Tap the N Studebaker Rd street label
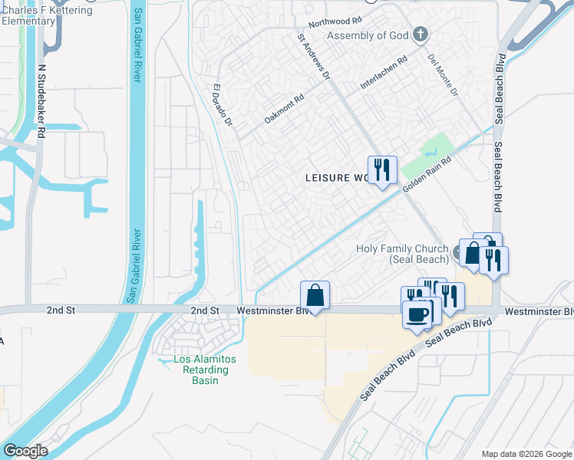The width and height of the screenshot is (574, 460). tap(41, 100)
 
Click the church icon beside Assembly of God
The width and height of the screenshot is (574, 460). tap(419, 34)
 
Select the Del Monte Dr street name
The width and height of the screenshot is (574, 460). tap(443, 76)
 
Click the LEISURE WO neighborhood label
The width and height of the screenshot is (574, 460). tap(338, 178)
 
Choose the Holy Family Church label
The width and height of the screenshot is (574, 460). tap(403, 254)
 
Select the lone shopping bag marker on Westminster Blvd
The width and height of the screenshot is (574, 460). tap(315, 294)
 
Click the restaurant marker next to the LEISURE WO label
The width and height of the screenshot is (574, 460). tap(381, 169)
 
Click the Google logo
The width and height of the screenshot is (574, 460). tap(25, 451)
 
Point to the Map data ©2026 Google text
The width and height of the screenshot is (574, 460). tap(526, 454)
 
